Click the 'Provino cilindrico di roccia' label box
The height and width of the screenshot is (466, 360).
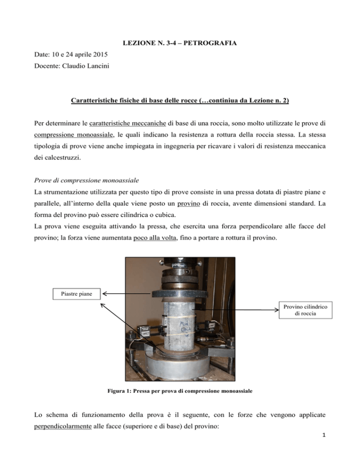click(x=305, y=309)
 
